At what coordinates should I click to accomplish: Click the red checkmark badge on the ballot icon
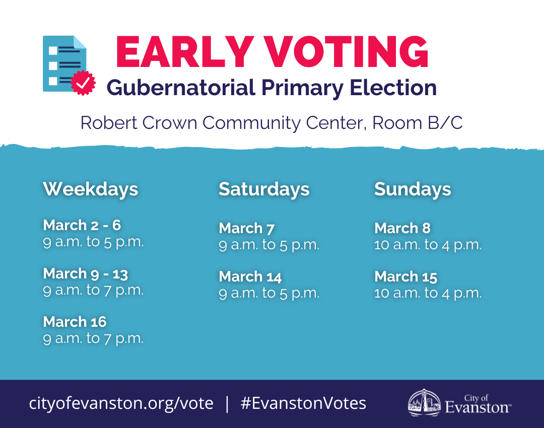(83, 83)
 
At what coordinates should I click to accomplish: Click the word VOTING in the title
(346, 52)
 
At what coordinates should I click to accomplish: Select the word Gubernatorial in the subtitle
(181, 88)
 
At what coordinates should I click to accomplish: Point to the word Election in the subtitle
(393, 88)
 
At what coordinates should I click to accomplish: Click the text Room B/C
(418, 123)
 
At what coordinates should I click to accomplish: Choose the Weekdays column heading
(91, 189)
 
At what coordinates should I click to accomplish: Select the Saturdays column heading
(264, 189)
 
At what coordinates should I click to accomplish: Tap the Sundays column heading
(413, 189)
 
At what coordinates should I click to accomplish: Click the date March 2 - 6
(82, 225)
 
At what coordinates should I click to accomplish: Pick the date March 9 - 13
(85, 273)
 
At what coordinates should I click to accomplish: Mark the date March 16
(75, 322)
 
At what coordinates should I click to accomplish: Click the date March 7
(247, 228)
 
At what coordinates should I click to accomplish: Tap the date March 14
(250, 277)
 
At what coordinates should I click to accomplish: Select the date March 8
(402, 228)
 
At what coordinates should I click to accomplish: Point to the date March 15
(406, 277)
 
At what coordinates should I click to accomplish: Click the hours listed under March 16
(93, 338)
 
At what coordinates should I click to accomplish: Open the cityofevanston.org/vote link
(121, 403)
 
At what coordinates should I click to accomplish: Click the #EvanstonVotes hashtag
(303, 403)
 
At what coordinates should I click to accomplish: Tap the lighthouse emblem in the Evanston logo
(424, 402)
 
